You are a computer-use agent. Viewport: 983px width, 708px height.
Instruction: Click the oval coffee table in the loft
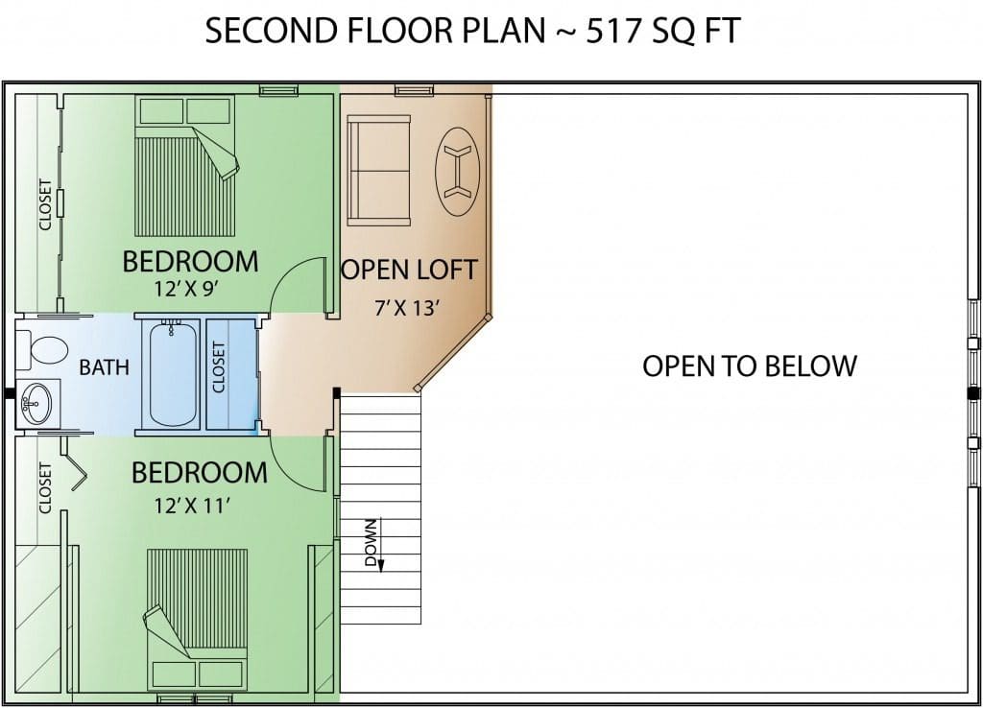[457, 171]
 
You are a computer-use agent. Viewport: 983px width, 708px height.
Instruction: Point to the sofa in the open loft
[378, 170]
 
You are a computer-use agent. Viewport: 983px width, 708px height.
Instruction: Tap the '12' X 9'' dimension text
[186, 289]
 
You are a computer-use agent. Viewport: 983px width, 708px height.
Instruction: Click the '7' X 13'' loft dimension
[407, 308]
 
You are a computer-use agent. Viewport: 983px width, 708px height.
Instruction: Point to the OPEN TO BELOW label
[750, 366]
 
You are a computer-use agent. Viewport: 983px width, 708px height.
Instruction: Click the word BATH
[104, 367]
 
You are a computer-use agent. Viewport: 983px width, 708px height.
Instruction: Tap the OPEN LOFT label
[409, 270]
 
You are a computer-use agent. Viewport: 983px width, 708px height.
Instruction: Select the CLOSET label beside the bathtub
[219, 367]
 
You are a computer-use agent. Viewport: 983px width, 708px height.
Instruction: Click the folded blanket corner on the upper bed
[216, 154]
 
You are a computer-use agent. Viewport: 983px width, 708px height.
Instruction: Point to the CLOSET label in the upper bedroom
[45, 204]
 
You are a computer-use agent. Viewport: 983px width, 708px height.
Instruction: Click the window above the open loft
[414, 91]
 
